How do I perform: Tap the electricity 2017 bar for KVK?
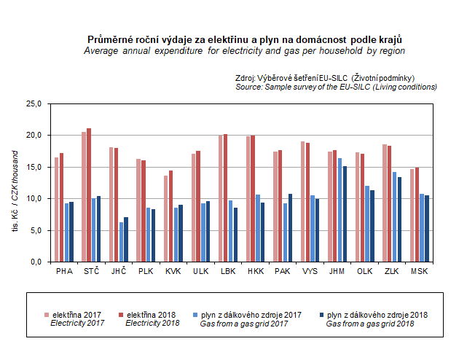[x=166, y=219]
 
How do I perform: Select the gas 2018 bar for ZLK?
[x=399, y=219]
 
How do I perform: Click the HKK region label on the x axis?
[x=256, y=271]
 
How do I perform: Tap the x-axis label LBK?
[x=228, y=271]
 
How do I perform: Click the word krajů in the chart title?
[x=388, y=39]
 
